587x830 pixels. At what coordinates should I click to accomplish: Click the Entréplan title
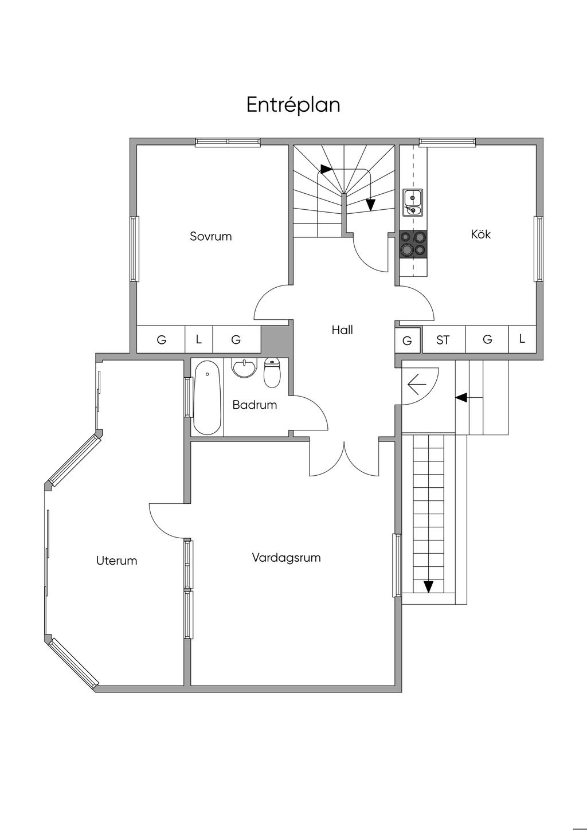point(293,105)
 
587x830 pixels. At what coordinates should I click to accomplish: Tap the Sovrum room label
point(210,236)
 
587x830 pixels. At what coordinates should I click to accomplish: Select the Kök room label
point(480,234)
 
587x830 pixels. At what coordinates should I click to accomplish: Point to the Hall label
point(342,330)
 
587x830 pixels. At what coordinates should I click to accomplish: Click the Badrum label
point(255,405)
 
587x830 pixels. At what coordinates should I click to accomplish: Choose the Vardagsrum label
point(286,558)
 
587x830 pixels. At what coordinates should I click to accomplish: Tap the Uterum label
point(117,561)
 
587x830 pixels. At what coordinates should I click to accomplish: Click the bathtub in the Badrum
point(207,398)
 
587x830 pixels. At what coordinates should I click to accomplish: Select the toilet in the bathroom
point(272,373)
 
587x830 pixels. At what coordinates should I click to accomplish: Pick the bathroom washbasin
point(244,367)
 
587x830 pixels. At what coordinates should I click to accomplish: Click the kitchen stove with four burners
point(413,244)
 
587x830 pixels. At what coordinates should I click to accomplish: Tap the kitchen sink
point(413,202)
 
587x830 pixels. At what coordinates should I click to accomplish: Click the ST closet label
point(443,340)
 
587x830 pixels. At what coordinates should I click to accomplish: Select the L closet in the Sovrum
point(199,339)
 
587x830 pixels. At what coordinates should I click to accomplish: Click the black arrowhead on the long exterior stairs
point(428,586)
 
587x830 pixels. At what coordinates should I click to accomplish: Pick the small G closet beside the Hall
point(407,340)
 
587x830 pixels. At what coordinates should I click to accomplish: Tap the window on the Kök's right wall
point(538,249)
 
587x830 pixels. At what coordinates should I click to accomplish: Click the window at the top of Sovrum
point(228,142)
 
